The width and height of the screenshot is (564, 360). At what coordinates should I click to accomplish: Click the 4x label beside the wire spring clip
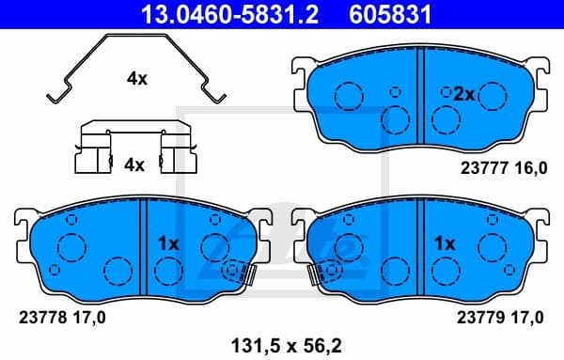click(x=136, y=79)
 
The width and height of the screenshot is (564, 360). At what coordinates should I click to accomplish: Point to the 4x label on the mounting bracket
click(x=134, y=164)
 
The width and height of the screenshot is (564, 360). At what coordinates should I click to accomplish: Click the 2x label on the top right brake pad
click(x=464, y=95)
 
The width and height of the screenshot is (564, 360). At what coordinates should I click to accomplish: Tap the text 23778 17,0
click(x=63, y=317)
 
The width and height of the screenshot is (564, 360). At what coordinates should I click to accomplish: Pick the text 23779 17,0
click(x=501, y=317)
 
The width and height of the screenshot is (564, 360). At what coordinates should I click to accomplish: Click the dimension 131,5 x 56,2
click(x=281, y=343)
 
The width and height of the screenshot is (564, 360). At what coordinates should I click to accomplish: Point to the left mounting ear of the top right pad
click(x=302, y=73)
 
